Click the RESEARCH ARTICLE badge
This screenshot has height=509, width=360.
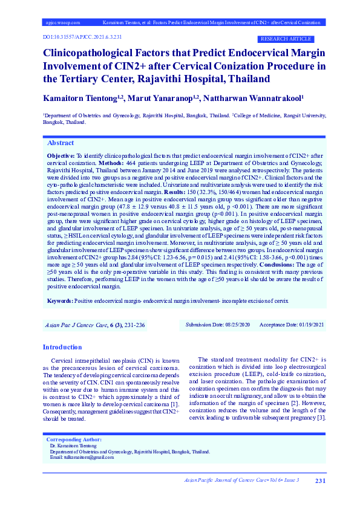pos(285,39)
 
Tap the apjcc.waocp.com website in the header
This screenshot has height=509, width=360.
pos(63,22)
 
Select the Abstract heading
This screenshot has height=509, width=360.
pos(61,143)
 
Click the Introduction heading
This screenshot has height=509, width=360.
pos(62,347)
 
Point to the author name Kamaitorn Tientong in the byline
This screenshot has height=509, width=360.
pos(81,97)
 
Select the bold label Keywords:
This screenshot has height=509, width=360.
pos(60,300)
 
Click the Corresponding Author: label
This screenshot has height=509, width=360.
pos(74,439)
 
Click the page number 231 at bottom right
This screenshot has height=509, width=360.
pos(321,481)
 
